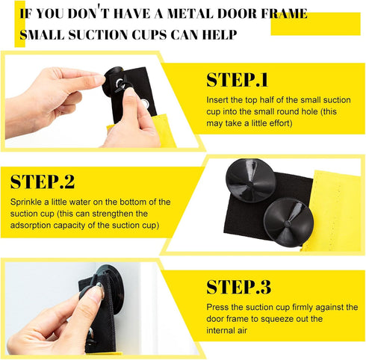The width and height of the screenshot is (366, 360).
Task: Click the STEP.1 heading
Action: point(238,81)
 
